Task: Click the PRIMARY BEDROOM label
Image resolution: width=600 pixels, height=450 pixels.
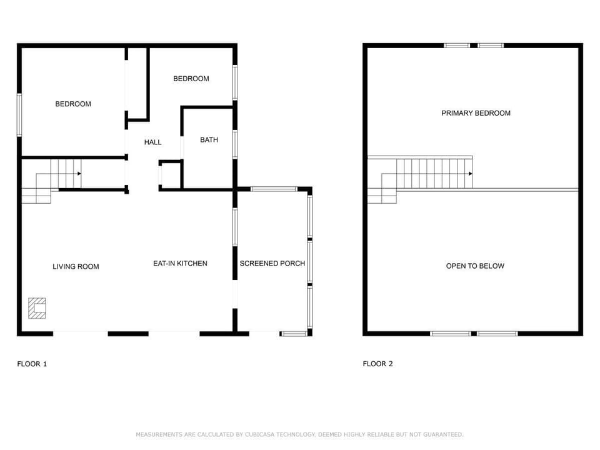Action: click(x=476, y=113)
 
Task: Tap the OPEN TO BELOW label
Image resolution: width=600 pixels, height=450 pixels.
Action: click(x=475, y=266)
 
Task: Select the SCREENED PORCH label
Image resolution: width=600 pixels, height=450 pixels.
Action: click(x=272, y=263)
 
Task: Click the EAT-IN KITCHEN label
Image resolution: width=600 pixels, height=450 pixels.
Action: click(x=180, y=263)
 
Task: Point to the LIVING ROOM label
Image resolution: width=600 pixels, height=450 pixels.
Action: click(x=76, y=266)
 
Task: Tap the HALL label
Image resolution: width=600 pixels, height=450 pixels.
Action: click(x=152, y=142)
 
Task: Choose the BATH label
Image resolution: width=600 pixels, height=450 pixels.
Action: click(x=209, y=139)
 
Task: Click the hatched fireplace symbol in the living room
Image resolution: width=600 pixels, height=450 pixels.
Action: click(x=37, y=308)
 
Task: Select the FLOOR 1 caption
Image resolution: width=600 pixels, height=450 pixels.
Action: click(x=32, y=364)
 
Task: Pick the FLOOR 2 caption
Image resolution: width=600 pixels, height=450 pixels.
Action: click(x=377, y=364)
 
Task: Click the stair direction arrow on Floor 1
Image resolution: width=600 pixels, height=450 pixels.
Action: click(x=79, y=173)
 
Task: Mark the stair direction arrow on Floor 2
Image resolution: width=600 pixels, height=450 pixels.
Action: click(x=469, y=173)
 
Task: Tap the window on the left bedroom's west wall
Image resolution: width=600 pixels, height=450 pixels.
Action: click(x=19, y=115)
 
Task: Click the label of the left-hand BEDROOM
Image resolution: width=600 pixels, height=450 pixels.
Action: click(x=73, y=104)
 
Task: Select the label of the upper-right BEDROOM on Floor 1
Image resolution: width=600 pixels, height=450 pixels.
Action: click(x=191, y=78)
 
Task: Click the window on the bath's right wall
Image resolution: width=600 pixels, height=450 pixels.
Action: click(x=235, y=144)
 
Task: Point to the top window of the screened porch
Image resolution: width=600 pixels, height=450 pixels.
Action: click(x=273, y=189)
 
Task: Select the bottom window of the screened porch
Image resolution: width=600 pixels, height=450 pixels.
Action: click(x=294, y=334)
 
